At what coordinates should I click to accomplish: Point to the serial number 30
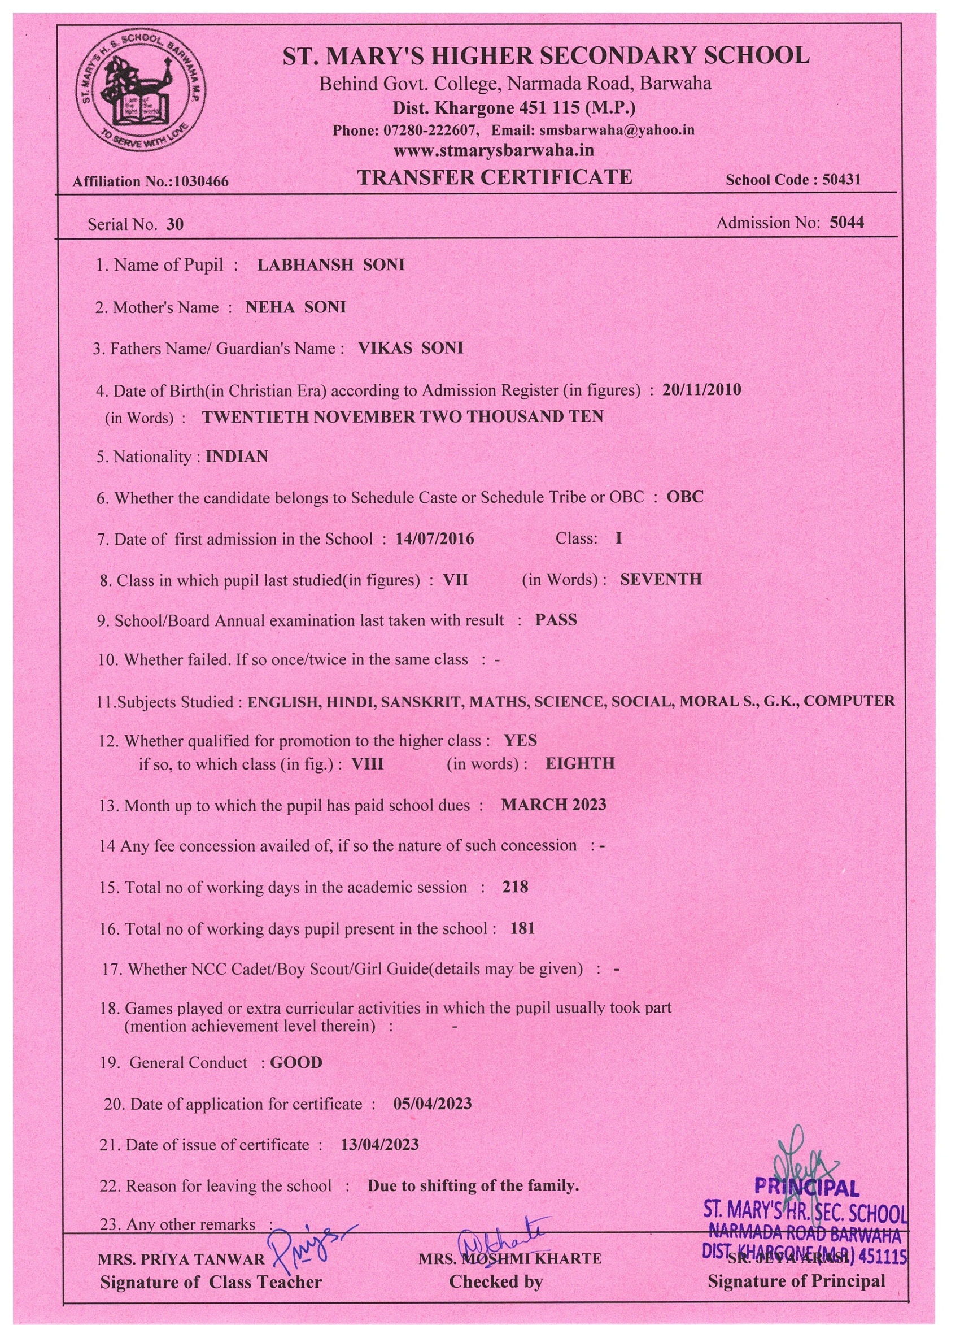point(174,224)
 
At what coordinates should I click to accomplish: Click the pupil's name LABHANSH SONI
point(331,264)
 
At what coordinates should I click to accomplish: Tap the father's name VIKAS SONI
point(411,348)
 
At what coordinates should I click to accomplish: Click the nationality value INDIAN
point(237,457)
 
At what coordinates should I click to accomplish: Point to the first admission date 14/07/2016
point(434,538)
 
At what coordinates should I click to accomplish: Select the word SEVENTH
point(661,579)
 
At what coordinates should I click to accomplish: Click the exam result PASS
point(556,620)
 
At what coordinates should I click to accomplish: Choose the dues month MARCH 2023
point(553,805)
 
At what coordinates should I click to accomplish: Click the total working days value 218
point(515,887)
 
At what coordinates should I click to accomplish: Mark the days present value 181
point(522,928)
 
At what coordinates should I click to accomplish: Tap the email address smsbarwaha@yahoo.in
point(617,130)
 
